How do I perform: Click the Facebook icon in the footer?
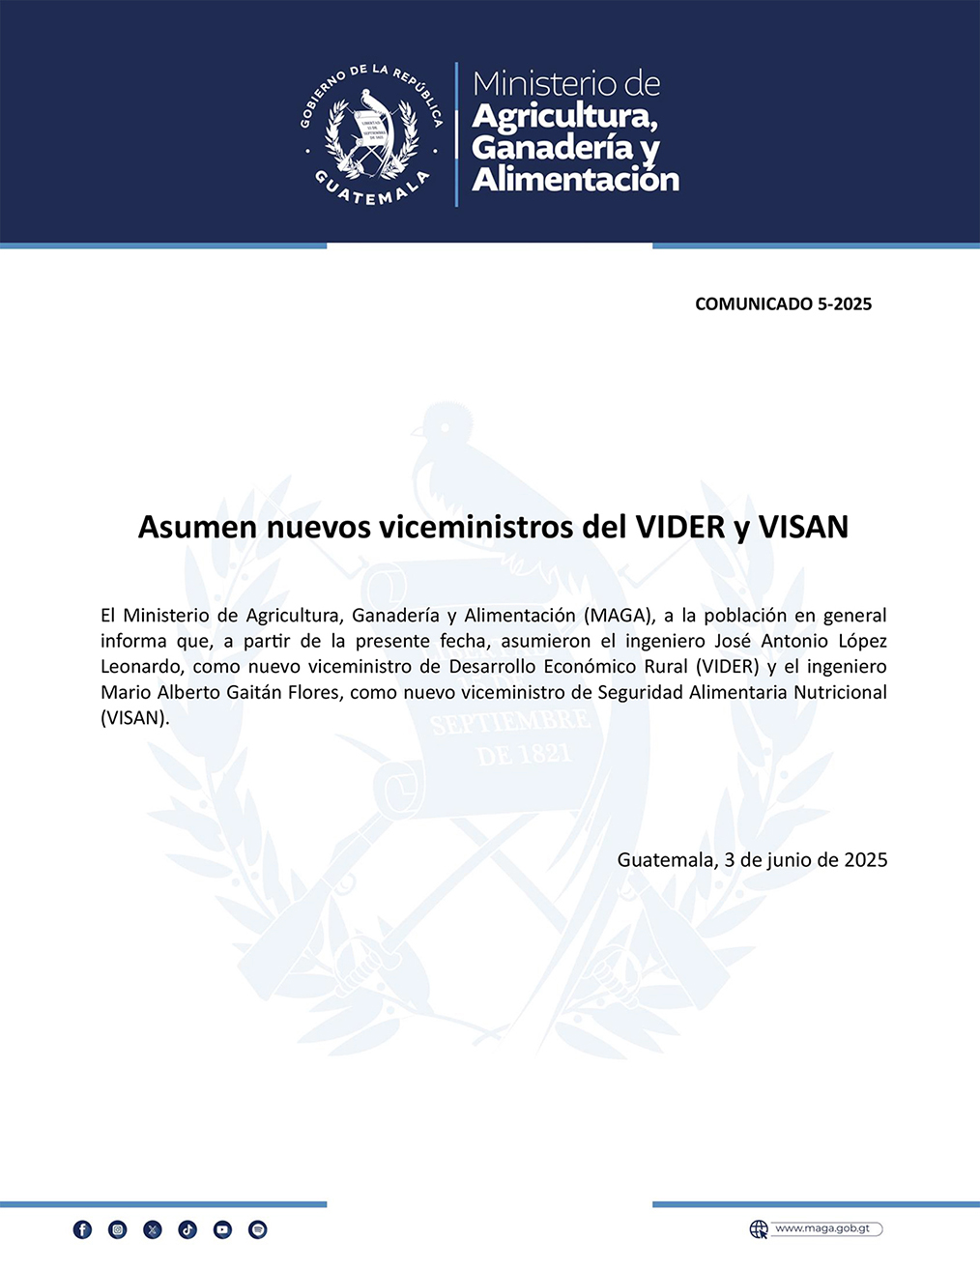pos(83,1229)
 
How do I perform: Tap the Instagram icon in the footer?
pos(118,1229)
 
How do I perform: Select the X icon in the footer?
pos(153,1229)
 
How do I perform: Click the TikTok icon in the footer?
pos(187,1229)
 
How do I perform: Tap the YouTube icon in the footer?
pos(222,1229)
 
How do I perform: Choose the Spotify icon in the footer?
pos(257,1229)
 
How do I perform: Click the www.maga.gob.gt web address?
pos(822,1228)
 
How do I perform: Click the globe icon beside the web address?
pos(760,1229)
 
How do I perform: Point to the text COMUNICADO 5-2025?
pos(783,304)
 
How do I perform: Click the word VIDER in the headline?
pos(679,527)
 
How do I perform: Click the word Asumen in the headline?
pos(198,527)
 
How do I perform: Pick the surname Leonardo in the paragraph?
pos(140,667)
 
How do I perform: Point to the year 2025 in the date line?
pos(865,859)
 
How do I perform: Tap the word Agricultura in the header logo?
pos(565,116)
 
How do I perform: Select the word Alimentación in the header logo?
pos(575,179)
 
